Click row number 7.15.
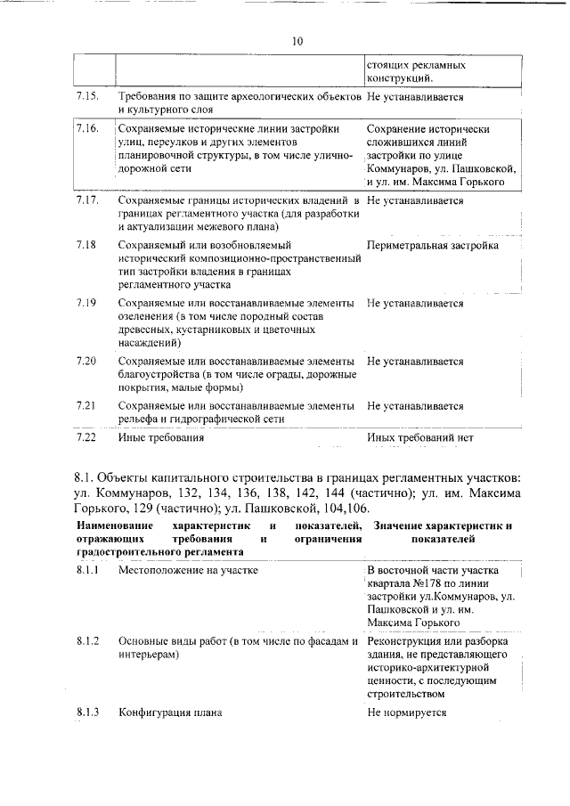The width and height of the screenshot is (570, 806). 86,95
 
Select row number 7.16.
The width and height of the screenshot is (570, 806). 86,129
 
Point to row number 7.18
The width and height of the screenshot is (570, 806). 86,245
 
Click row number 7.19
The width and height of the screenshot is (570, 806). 86,303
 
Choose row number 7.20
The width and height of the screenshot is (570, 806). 86,362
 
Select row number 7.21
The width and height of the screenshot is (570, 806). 86,406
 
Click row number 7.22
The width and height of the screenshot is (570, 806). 86,438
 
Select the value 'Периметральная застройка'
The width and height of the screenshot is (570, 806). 432,245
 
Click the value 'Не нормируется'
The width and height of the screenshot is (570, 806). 406,712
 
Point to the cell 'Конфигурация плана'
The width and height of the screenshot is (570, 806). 170,712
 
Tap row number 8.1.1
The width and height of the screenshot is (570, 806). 88,570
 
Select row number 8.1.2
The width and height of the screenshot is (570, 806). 88,641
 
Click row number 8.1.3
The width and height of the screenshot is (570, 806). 88,712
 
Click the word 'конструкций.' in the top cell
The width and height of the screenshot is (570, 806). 401,79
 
